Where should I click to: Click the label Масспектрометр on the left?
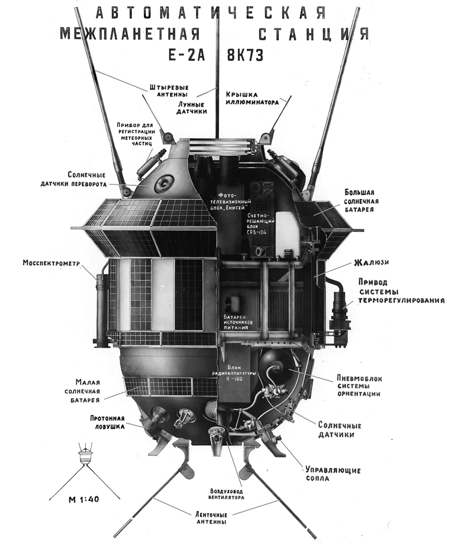point(51,264)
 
